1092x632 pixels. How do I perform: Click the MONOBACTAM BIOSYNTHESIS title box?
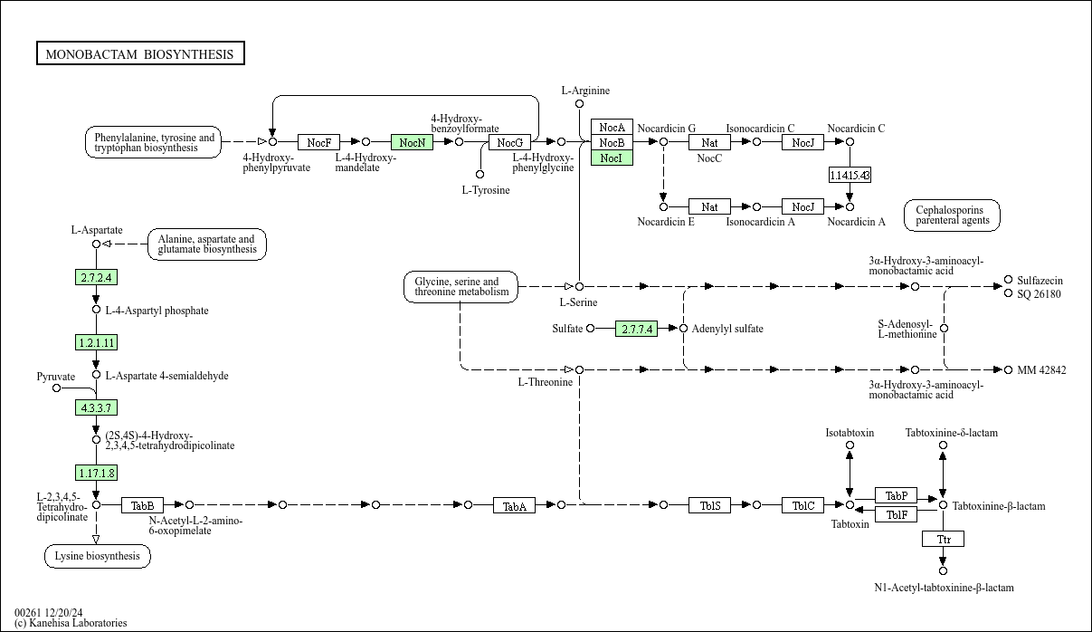(x=140, y=54)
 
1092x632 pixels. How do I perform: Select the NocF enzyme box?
(x=318, y=142)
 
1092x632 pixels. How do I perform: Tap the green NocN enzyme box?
(x=412, y=142)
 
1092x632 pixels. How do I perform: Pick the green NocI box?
(x=612, y=158)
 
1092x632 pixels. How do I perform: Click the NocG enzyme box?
(x=509, y=142)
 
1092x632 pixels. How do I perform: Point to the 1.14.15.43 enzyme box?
(x=850, y=175)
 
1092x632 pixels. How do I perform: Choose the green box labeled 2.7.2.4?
(x=96, y=277)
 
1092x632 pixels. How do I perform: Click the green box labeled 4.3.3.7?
(x=96, y=407)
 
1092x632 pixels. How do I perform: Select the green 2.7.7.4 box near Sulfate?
(x=637, y=329)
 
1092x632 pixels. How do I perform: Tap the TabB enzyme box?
(x=143, y=504)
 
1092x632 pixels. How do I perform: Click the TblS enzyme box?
(x=710, y=505)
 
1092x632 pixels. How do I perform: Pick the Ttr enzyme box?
(x=943, y=539)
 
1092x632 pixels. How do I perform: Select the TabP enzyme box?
(x=896, y=495)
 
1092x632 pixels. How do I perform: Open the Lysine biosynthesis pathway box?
(x=98, y=556)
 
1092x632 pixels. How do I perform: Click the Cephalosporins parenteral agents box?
(x=951, y=215)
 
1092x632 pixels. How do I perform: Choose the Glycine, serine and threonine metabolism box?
(x=461, y=287)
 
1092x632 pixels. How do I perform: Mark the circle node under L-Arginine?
(x=580, y=104)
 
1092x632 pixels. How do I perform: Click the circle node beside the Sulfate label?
(x=591, y=329)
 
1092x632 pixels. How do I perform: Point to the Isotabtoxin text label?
(x=850, y=432)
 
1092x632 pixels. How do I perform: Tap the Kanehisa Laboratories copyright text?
(x=71, y=623)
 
